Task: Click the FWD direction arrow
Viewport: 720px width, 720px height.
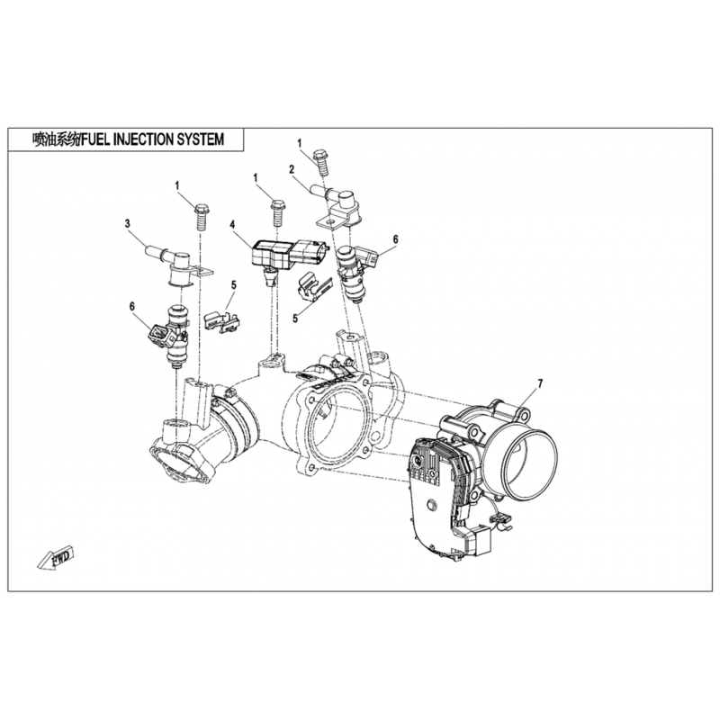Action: click(x=56, y=559)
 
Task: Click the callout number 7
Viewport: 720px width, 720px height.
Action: click(x=540, y=384)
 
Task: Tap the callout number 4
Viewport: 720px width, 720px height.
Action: click(x=232, y=224)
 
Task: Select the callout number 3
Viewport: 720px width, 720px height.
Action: click(x=127, y=223)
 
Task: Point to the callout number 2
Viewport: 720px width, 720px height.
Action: click(x=291, y=169)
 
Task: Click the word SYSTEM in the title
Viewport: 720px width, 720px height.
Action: click(x=200, y=139)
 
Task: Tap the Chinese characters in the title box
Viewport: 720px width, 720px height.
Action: click(x=56, y=139)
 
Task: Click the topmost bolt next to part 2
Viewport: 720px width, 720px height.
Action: click(x=321, y=163)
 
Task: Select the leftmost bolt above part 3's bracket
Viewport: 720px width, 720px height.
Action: click(x=201, y=217)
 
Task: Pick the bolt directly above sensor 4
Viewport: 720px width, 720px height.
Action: click(x=277, y=212)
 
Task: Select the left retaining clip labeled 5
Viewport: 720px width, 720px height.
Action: click(x=221, y=321)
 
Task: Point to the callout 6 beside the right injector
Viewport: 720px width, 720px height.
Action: click(x=395, y=239)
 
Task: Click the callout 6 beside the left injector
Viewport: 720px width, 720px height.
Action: click(x=132, y=306)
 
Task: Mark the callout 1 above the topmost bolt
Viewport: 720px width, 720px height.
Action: click(x=300, y=143)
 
